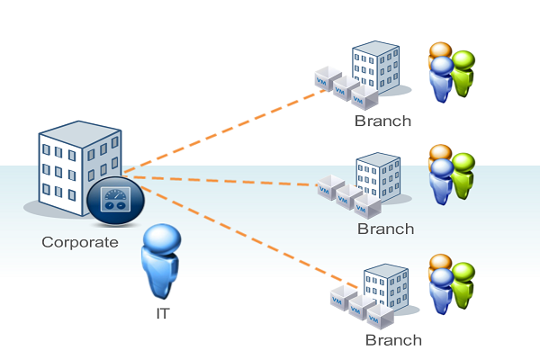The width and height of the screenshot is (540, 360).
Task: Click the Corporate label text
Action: coord(80,242)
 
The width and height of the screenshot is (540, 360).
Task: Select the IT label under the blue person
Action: coord(162,314)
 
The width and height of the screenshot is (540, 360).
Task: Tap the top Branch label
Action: coord(382,121)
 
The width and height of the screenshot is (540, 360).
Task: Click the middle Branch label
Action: coord(385,229)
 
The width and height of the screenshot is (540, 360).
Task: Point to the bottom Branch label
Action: coord(393,340)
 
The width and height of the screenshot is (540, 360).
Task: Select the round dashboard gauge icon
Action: coord(113,199)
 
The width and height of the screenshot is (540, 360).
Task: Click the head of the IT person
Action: coord(163,240)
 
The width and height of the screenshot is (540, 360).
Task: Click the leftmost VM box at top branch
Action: coord(324,79)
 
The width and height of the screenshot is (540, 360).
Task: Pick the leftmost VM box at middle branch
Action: coord(327,190)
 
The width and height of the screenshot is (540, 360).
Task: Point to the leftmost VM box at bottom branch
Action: coord(338,299)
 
